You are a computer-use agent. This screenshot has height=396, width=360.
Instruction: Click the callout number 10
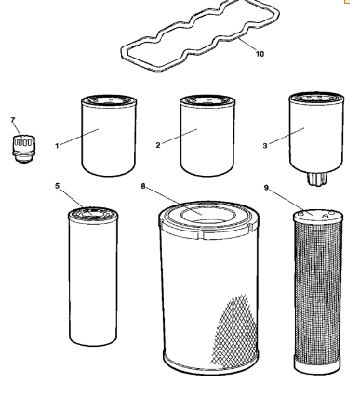260,54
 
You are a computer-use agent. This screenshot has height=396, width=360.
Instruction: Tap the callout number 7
13,120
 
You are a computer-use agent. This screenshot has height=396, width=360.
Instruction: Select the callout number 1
57,146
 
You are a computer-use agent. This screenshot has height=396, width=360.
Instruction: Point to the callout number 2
158,145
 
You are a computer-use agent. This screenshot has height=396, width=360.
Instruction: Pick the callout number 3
265,146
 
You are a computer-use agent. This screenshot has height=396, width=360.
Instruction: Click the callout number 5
58,186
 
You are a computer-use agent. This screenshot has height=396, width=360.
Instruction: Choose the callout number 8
143,186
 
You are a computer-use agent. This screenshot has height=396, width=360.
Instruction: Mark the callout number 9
266,188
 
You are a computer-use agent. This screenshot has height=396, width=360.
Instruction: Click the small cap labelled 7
23,149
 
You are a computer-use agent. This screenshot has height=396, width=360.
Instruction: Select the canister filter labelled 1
109,136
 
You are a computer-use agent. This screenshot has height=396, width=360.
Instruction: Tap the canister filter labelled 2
207,136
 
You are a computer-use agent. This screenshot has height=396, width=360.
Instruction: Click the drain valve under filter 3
316,179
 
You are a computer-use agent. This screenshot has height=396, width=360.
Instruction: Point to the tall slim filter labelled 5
93,276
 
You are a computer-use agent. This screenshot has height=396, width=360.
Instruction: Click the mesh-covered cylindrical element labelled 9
318,292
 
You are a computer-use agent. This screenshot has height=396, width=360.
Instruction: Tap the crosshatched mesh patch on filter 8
235,332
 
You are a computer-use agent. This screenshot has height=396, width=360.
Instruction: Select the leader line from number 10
247,45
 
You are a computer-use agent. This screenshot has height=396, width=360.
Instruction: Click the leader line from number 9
291,203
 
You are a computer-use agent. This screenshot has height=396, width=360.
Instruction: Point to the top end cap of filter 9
318,216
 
